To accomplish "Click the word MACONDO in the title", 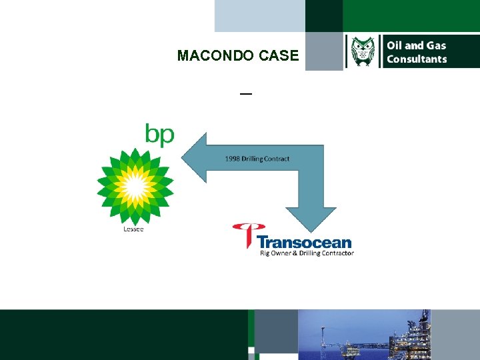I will click(210, 56).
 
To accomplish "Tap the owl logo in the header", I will click(363, 52).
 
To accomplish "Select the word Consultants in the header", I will click(417, 59).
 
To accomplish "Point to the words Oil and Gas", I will click(417, 45).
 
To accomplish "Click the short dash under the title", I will click(246, 94).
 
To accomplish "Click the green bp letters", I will click(160, 135).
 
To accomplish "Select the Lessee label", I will click(133, 230).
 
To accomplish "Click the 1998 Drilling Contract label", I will click(257, 159).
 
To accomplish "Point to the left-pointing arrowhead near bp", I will click(195, 158).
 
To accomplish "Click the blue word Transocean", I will click(304, 241).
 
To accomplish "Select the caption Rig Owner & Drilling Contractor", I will click(307, 253).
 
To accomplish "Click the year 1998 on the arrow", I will click(233, 159).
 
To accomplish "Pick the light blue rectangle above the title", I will click(259, 16).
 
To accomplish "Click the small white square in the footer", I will click(251, 350).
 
